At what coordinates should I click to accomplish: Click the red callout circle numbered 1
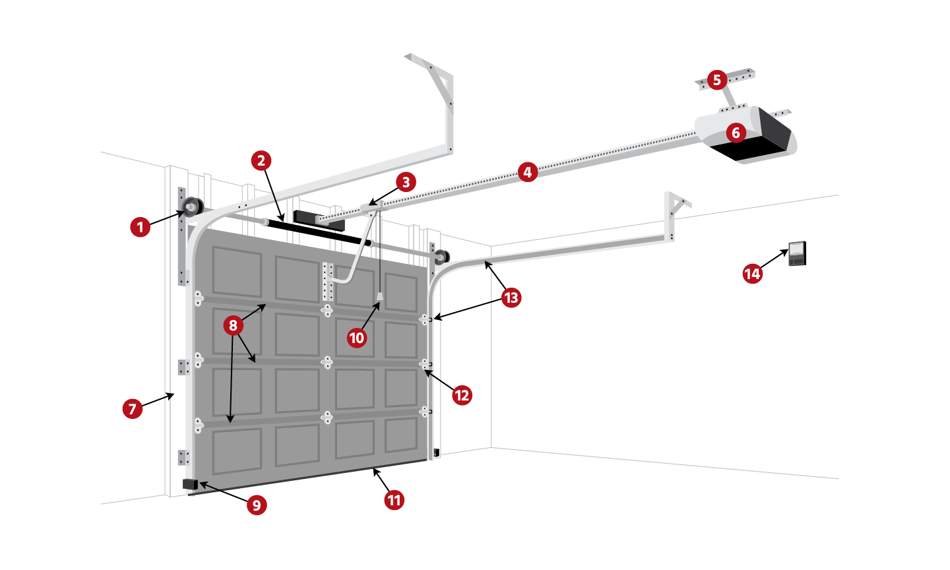click(140, 228)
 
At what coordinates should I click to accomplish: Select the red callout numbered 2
click(261, 160)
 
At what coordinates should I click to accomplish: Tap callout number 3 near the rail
click(406, 182)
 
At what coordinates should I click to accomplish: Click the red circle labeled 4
click(526, 172)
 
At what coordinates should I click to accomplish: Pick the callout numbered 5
click(717, 80)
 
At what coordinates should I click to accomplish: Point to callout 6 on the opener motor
click(736, 133)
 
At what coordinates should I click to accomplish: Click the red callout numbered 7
click(133, 408)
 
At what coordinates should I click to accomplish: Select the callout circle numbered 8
click(232, 325)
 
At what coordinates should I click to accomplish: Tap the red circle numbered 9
click(257, 505)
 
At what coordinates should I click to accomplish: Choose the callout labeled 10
click(356, 338)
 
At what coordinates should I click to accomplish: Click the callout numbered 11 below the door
click(395, 499)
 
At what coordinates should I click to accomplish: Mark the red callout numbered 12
click(462, 395)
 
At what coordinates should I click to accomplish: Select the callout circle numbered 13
click(511, 298)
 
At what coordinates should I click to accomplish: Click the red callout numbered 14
click(752, 273)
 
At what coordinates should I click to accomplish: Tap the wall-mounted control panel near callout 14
click(797, 253)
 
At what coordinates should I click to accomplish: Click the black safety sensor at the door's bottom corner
click(190, 484)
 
